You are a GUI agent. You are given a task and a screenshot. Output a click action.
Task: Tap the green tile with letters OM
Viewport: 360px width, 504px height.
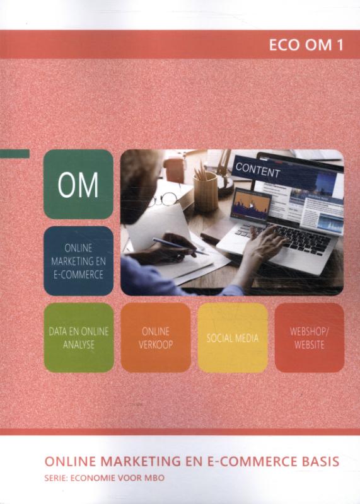[78, 185]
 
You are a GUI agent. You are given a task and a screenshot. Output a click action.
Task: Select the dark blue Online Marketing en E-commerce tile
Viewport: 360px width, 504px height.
[78, 261]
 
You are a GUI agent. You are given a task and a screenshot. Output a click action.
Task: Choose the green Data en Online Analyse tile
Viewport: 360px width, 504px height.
[78, 337]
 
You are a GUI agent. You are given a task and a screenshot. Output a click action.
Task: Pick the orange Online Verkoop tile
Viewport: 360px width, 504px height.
[155, 337]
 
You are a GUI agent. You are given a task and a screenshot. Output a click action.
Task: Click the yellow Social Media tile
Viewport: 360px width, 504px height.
[232, 337]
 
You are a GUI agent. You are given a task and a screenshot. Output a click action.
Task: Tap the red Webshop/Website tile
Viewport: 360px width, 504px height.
[309, 337]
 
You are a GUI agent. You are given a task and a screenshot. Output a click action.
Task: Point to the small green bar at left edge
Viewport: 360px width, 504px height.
[15, 154]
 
